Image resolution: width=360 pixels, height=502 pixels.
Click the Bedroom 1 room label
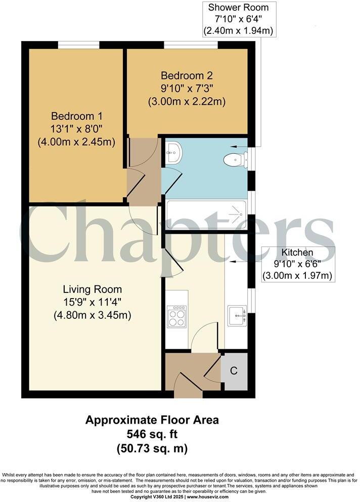76,115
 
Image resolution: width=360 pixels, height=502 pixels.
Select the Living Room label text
92,289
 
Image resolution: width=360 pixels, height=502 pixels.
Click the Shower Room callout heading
238,8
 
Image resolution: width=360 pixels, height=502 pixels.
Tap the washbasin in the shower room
173,152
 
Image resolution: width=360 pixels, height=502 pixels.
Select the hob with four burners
176,317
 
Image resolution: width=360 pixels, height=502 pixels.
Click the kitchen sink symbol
237,317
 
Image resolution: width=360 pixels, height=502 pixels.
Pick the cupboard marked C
234,371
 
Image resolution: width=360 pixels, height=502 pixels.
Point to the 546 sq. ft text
152,434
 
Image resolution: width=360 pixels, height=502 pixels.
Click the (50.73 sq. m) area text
152,448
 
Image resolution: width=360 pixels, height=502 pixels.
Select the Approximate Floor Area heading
152,420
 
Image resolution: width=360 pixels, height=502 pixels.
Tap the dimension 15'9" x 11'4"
92,302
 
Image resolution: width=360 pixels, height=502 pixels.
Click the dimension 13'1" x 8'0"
76,129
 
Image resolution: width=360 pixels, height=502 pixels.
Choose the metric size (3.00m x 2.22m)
186,101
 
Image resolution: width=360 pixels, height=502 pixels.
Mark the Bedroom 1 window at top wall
78,45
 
